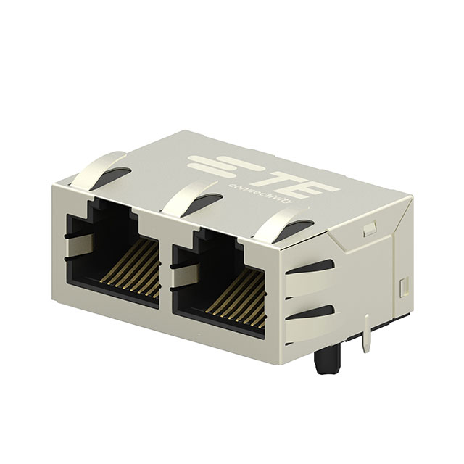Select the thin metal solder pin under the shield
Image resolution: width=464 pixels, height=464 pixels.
pyautogui.click(x=367, y=335)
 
